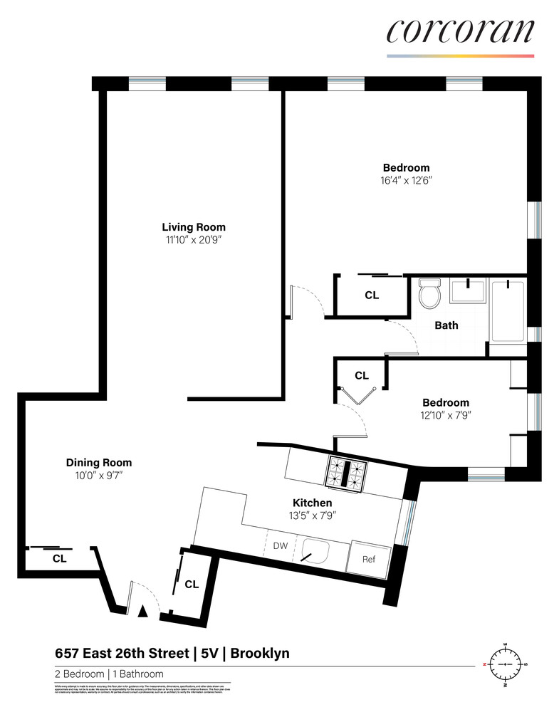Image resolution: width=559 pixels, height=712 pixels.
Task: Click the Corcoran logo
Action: [x=460, y=31]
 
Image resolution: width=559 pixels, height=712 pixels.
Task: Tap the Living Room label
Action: [x=193, y=227]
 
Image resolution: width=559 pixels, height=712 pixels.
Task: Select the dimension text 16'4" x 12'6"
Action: [x=405, y=181]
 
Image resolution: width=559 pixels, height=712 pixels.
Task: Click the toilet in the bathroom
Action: [x=430, y=293]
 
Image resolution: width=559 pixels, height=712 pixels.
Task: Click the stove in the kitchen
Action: [x=346, y=472]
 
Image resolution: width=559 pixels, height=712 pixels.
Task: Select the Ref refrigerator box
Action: [x=368, y=559]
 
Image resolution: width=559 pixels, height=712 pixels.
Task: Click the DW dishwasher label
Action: [x=281, y=546]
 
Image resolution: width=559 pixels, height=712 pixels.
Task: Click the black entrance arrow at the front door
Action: [x=142, y=610]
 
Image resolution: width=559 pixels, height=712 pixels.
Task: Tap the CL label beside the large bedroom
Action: [x=372, y=295]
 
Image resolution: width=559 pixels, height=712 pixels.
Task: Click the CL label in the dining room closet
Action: [x=59, y=559]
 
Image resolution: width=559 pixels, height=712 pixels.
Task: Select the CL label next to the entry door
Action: [x=191, y=585]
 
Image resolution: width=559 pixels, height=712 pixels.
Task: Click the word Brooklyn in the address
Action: [x=260, y=653]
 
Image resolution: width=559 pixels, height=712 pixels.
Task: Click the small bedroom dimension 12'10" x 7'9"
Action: [x=446, y=414]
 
